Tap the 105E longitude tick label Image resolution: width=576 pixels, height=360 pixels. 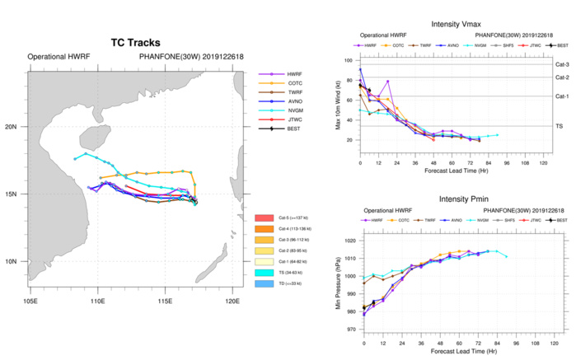pyautogui.click(x=30, y=289)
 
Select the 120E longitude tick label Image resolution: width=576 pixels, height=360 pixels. pyautogui.click(x=232, y=289)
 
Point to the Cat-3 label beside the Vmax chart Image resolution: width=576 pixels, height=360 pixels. pyautogui.click(x=562, y=61)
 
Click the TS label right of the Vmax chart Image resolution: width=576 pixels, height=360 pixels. pyautogui.click(x=560, y=126)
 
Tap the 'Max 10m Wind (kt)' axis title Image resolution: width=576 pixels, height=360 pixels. pyautogui.click(x=338, y=102)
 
